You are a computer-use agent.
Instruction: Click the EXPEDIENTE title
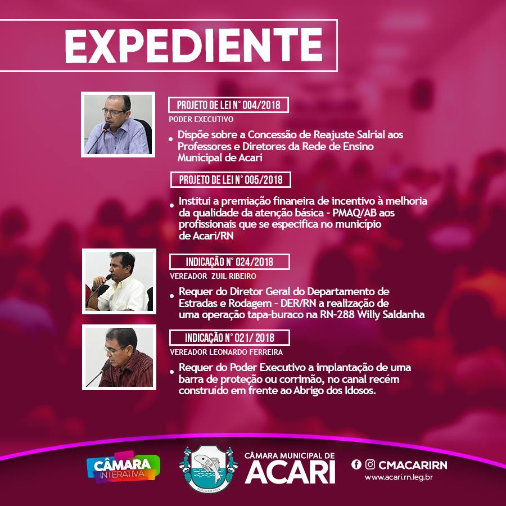coord(193,46)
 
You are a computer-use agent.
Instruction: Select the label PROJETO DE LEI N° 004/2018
coord(228,105)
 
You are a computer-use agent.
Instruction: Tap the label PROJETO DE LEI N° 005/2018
coord(231,180)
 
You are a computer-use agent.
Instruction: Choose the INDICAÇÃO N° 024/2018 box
coord(229,261)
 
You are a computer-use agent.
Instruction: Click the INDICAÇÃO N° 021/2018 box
coord(229,337)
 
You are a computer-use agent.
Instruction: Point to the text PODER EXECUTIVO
coord(201,119)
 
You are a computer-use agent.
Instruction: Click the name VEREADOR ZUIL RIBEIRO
coord(213,276)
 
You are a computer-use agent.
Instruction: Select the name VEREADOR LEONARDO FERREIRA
coord(226,352)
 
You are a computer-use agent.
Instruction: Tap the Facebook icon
coord(356,464)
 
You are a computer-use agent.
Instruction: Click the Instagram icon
coord(370,464)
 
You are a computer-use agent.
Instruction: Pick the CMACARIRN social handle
coord(413,465)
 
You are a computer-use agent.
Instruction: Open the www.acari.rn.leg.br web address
coord(399,477)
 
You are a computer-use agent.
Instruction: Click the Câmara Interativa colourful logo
coord(123,467)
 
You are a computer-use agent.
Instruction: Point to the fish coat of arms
coord(209,469)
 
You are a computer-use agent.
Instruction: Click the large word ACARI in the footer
coord(290,472)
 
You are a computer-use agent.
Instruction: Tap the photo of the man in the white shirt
coord(119,281)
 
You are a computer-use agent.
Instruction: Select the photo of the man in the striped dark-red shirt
coord(119,357)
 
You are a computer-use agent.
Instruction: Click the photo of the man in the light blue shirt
coord(118,125)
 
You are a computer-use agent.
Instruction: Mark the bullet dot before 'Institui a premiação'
coord(171,205)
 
